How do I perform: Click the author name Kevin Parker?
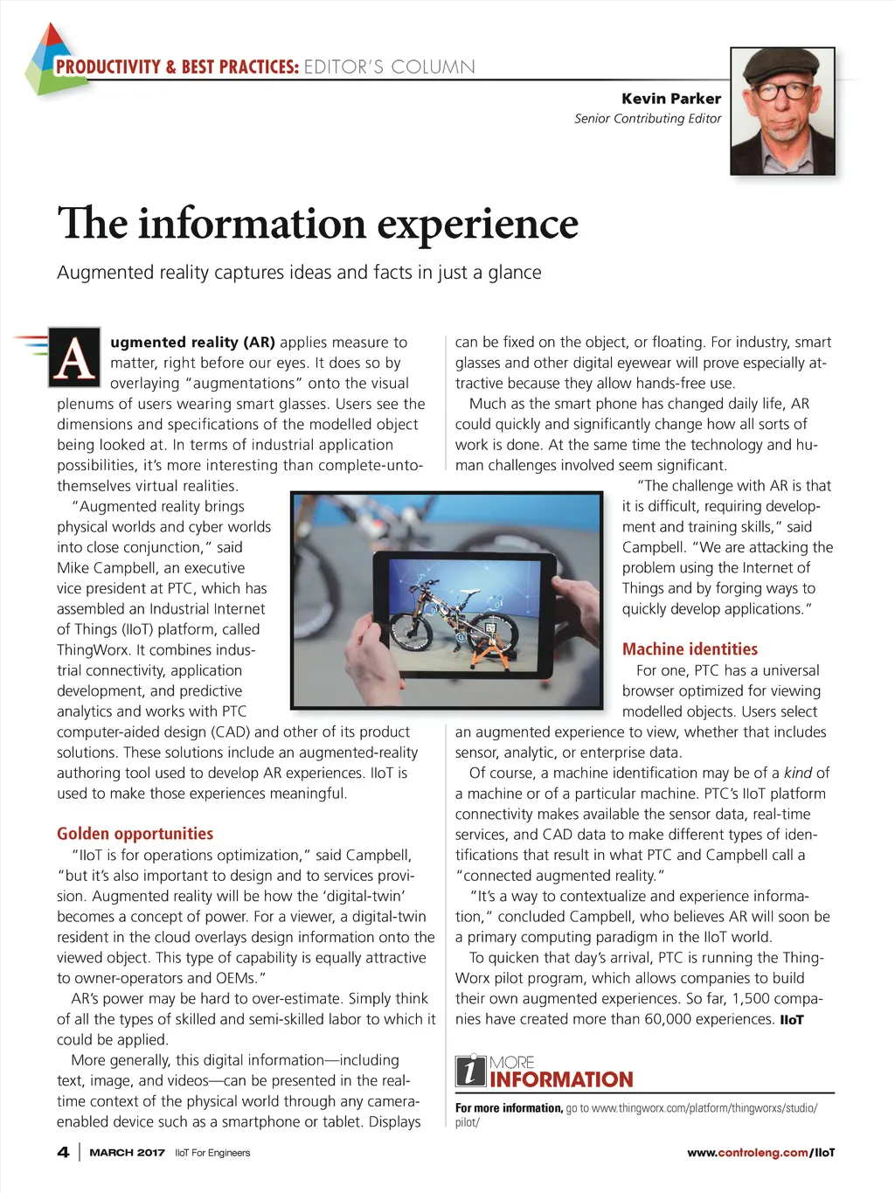click(670, 99)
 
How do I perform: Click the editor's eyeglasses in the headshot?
click(781, 91)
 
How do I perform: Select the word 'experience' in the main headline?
click(477, 224)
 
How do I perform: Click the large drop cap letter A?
click(74, 357)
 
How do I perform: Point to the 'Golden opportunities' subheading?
click(135, 834)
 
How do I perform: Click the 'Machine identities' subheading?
click(690, 649)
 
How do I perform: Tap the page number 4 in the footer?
click(63, 1152)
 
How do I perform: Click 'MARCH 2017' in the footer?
click(127, 1153)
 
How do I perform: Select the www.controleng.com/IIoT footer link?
click(760, 1153)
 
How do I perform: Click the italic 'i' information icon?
click(470, 1071)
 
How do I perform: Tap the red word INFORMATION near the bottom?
click(561, 1080)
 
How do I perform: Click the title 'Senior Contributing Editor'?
click(648, 119)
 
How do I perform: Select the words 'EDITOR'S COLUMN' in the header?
click(389, 67)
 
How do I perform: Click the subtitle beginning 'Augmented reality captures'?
click(299, 273)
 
